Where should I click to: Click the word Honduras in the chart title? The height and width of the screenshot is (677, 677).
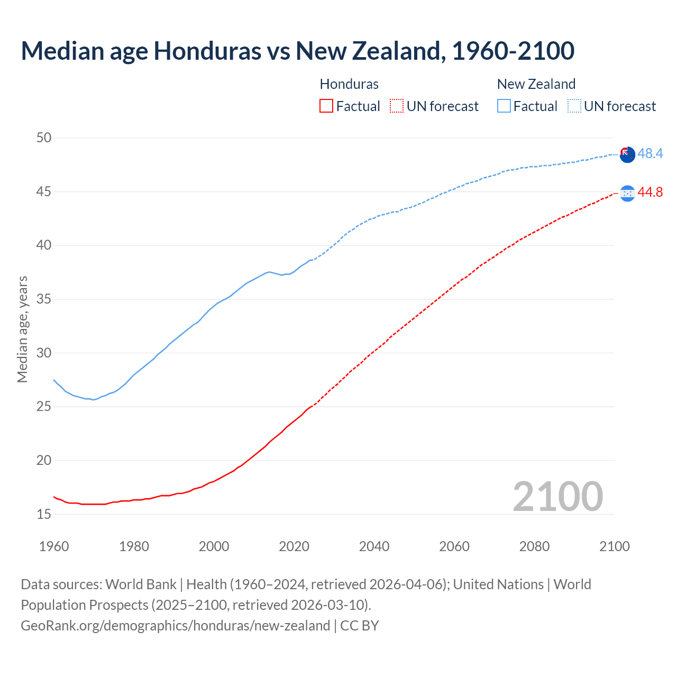[x=207, y=51]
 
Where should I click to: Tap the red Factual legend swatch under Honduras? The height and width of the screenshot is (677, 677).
[x=326, y=106]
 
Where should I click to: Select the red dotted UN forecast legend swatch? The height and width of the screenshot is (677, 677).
[x=397, y=106]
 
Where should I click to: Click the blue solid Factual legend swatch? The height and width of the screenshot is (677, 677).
[x=504, y=106]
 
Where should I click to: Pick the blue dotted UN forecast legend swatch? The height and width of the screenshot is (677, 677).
[x=574, y=106]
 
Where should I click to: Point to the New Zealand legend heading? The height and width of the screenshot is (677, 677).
[x=536, y=84]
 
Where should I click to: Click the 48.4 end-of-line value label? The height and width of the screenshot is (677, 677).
[x=650, y=154]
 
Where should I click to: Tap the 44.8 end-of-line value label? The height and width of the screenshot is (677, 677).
[x=650, y=193]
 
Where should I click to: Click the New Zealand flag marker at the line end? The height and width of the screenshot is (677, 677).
[x=627, y=155]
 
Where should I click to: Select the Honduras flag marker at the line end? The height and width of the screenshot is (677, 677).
[x=627, y=194]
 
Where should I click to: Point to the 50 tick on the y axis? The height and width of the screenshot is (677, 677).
[x=44, y=138]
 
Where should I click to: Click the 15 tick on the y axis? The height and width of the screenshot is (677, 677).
[x=44, y=514]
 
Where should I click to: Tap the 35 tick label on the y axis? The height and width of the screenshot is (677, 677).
[x=44, y=299]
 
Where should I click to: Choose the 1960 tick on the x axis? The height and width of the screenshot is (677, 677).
[x=54, y=546]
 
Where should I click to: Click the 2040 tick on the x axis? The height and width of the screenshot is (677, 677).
[x=374, y=546]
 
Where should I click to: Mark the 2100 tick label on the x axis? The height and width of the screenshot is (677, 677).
[x=615, y=546]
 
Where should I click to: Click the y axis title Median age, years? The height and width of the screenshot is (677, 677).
[x=22, y=329]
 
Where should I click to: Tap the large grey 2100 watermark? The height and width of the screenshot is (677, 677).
[x=558, y=496]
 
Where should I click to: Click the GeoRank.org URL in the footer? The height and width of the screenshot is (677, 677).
[x=175, y=626]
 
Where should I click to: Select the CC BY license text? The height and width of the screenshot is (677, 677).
[x=360, y=626]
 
